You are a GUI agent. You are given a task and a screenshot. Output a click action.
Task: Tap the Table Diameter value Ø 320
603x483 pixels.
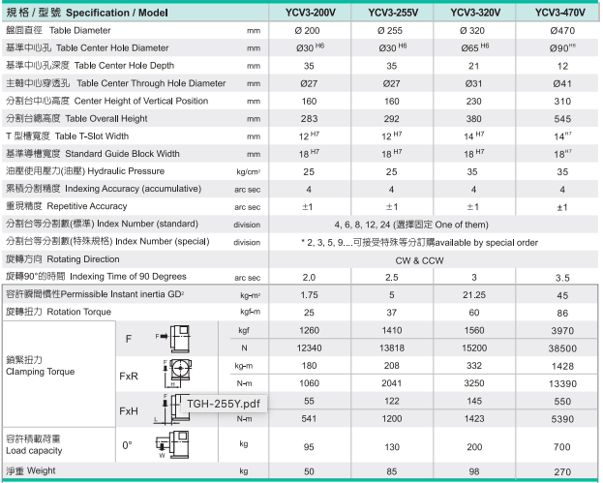click(473, 31)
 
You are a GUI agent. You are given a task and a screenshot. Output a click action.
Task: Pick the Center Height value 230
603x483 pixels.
click(473, 101)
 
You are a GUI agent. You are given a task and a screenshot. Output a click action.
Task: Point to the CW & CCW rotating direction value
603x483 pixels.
click(435, 259)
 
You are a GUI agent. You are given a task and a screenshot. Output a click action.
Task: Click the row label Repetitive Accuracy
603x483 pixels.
click(69, 206)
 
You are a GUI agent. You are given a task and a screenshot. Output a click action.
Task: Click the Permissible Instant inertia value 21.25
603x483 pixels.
click(473, 294)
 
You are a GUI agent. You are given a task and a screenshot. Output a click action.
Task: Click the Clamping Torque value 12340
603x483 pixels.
click(310, 347)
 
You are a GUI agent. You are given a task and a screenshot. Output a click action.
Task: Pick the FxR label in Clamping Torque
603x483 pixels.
click(129, 375)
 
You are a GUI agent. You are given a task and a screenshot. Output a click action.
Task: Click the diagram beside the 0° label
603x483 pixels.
click(173, 445)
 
